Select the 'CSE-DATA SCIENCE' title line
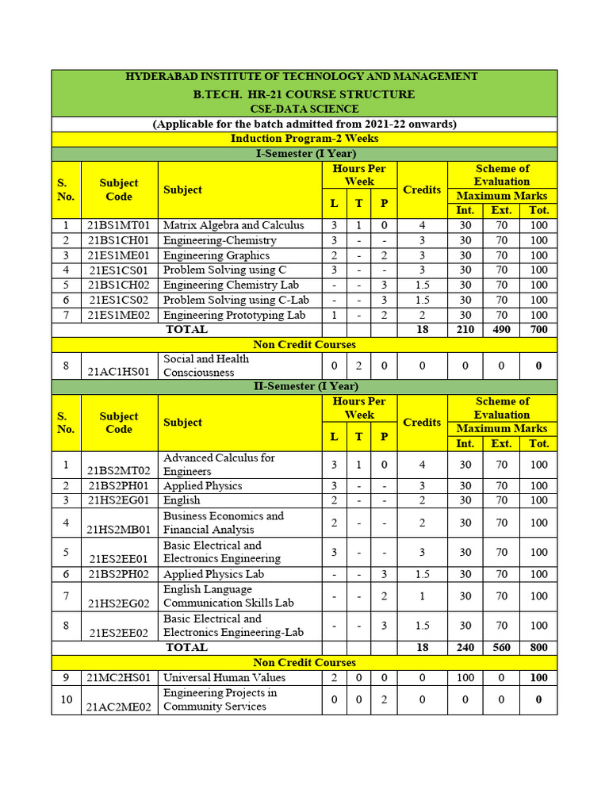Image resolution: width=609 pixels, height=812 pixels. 304,109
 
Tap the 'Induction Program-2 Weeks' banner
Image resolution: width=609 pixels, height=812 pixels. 304,139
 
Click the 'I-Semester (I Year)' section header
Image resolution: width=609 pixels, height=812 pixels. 304,153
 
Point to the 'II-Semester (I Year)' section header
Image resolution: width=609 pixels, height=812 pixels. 304,386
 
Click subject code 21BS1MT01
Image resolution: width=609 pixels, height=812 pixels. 119,225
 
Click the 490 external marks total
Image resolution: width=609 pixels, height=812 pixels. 501,329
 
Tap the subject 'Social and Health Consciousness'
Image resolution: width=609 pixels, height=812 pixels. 206,366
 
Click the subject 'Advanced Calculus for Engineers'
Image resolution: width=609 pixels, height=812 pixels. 219,465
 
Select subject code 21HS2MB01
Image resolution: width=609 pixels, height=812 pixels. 119,529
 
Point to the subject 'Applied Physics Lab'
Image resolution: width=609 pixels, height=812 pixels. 213,574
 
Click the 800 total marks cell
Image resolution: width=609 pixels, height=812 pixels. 538,648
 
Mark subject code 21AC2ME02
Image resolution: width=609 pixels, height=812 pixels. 119,707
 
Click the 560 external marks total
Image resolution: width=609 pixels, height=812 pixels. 501,648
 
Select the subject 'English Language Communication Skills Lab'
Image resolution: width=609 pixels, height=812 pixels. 228,596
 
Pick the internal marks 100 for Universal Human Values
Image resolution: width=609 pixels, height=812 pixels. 465,678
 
